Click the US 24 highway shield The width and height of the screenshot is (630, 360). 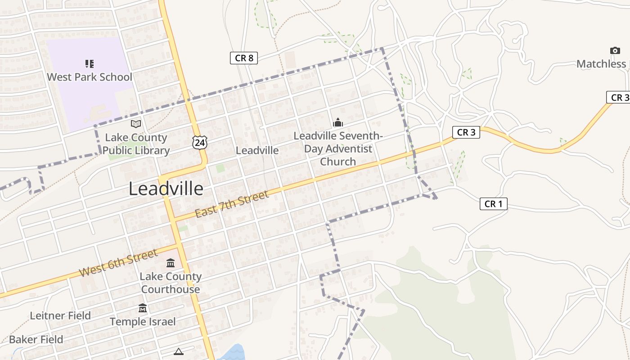[199, 142]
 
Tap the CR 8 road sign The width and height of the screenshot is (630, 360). [244, 58]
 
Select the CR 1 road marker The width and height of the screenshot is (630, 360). [493, 204]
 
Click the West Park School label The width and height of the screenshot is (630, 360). [90, 77]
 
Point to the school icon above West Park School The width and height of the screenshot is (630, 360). [89, 64]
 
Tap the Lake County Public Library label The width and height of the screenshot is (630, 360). [136, 144]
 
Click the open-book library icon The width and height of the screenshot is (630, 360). [135, 124]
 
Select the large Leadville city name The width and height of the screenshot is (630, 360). [166, 189]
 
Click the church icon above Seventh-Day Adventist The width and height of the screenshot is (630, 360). [337, 122]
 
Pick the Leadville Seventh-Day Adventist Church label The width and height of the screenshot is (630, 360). [338, 148]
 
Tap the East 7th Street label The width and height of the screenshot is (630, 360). [232, 204]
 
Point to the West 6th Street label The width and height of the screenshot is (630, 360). [118, 263]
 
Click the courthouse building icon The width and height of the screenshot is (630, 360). [171, 263]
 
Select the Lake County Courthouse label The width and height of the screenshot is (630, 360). [171, 283]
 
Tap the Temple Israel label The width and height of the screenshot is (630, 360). [143, 321]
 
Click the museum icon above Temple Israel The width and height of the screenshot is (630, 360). [143, 308]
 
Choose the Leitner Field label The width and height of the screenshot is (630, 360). [60, 315]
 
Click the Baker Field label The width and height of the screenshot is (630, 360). [36, 339]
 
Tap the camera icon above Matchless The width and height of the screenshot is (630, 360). [615, 50]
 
